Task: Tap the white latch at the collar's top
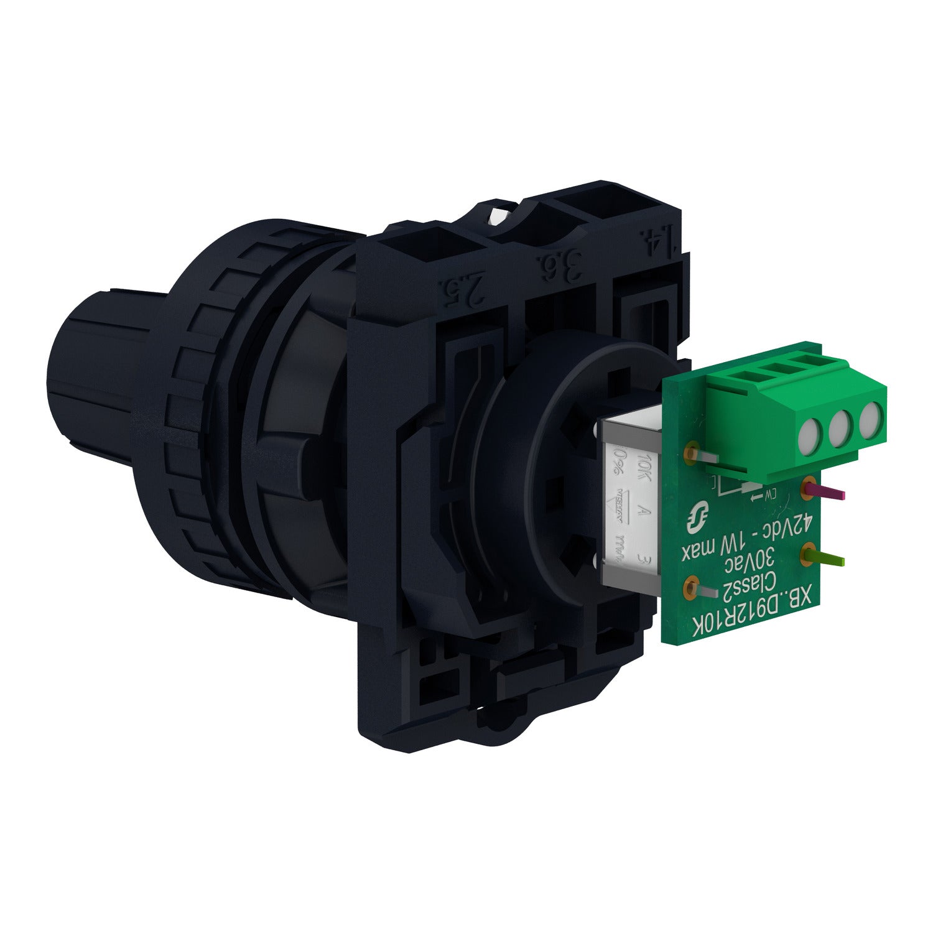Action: tap(498, 217)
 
